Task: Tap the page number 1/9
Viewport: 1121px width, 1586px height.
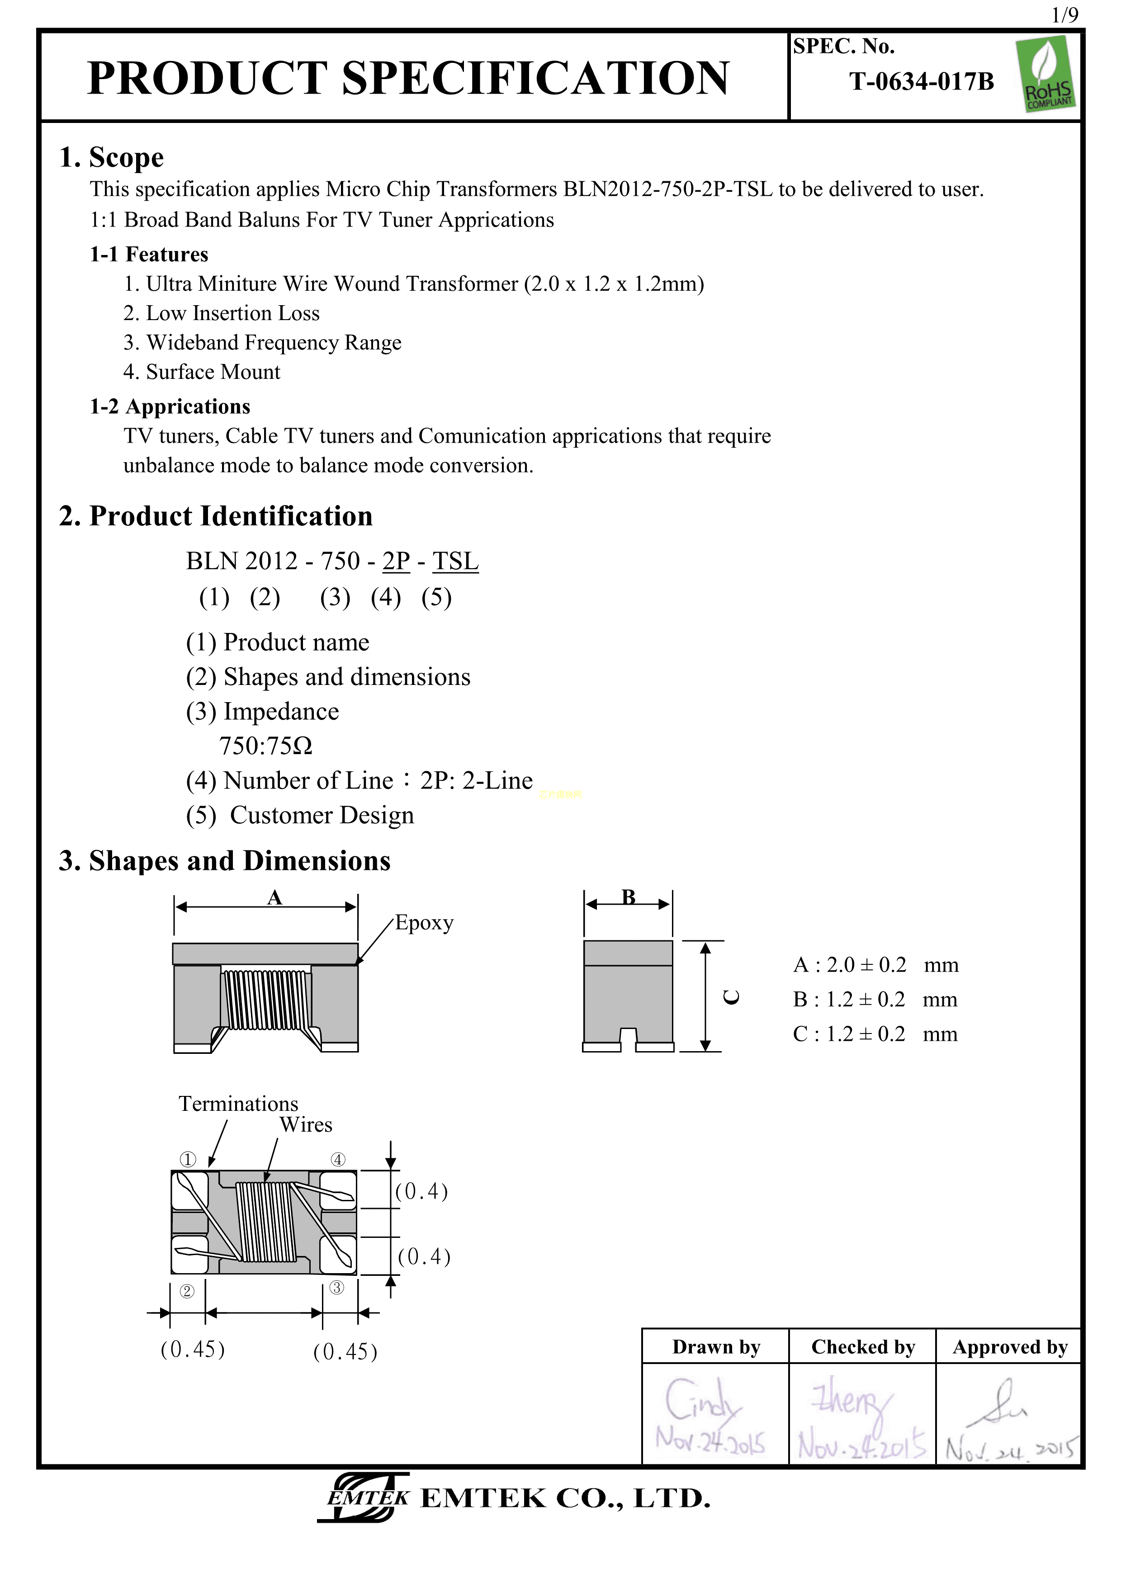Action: pyautogui.click(x=1064, y=15)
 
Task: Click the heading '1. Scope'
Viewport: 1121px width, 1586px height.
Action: pyautogui.click(x=112, y=157)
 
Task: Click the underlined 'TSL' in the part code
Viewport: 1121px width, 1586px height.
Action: pyautogui.click(x=455, y=561)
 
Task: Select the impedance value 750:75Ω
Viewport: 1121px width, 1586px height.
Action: pyautogui.click(x=266, y=746)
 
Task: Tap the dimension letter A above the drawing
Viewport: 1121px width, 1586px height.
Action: pyautogui.click(x=275, y=897)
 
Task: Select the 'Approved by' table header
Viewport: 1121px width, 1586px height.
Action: pyautogui.click(x=1010, y=1347)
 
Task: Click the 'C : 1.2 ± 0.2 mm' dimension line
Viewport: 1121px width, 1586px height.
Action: pyautogui.click(x=875, y=1034)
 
